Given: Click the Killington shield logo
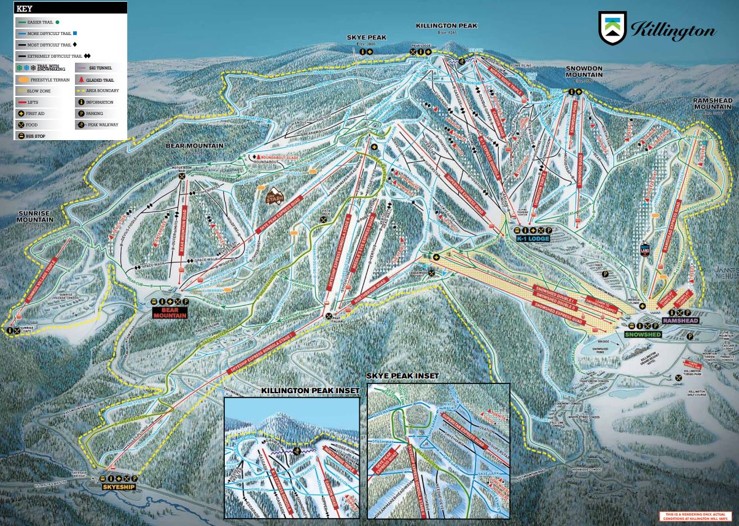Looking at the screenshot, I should point(612,28).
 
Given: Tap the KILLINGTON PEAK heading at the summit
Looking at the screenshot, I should point(446,26).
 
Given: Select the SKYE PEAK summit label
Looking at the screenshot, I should point(366,37).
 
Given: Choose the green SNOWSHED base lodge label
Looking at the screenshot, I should point(642,334).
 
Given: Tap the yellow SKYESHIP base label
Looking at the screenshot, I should point(119,487).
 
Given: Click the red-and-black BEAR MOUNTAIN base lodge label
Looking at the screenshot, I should point(168,312).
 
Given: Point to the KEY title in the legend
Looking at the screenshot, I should point(25,9).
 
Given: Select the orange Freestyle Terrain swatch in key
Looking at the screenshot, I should point(23,79).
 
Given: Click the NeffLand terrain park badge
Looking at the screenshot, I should point(644,248).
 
